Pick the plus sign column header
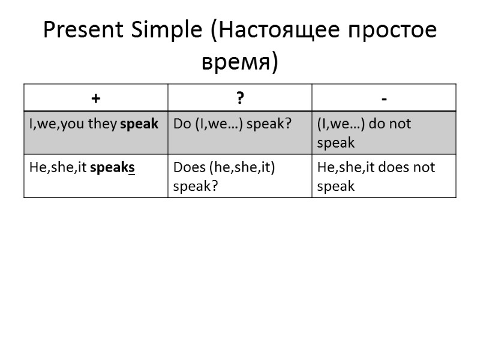coord(96,98)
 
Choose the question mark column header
coord(240,98)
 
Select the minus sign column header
coord(384,98)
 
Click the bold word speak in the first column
coord(139,124)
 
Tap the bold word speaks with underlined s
coord(112,167)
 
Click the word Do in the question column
coord(181,124)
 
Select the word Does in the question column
coord(189,167)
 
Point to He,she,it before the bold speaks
coord(58,167)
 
